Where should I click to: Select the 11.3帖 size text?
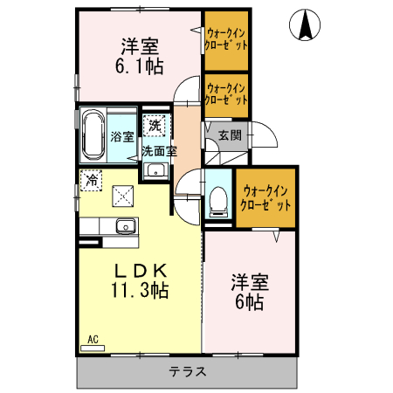[139, 288]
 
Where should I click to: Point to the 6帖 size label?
[248, 302]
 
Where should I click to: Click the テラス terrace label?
[188, 371]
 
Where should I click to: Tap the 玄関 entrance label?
[230, 135]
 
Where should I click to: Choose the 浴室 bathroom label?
[122, 136]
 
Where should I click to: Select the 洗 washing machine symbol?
[155, 126]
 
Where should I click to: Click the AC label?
[92, 339]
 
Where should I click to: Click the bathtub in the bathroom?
[93, 134]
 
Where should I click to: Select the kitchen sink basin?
[126, 225]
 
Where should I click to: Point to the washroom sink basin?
[155, 169]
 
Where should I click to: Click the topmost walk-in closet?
[226, 40]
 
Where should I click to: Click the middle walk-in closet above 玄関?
[225, 93]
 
